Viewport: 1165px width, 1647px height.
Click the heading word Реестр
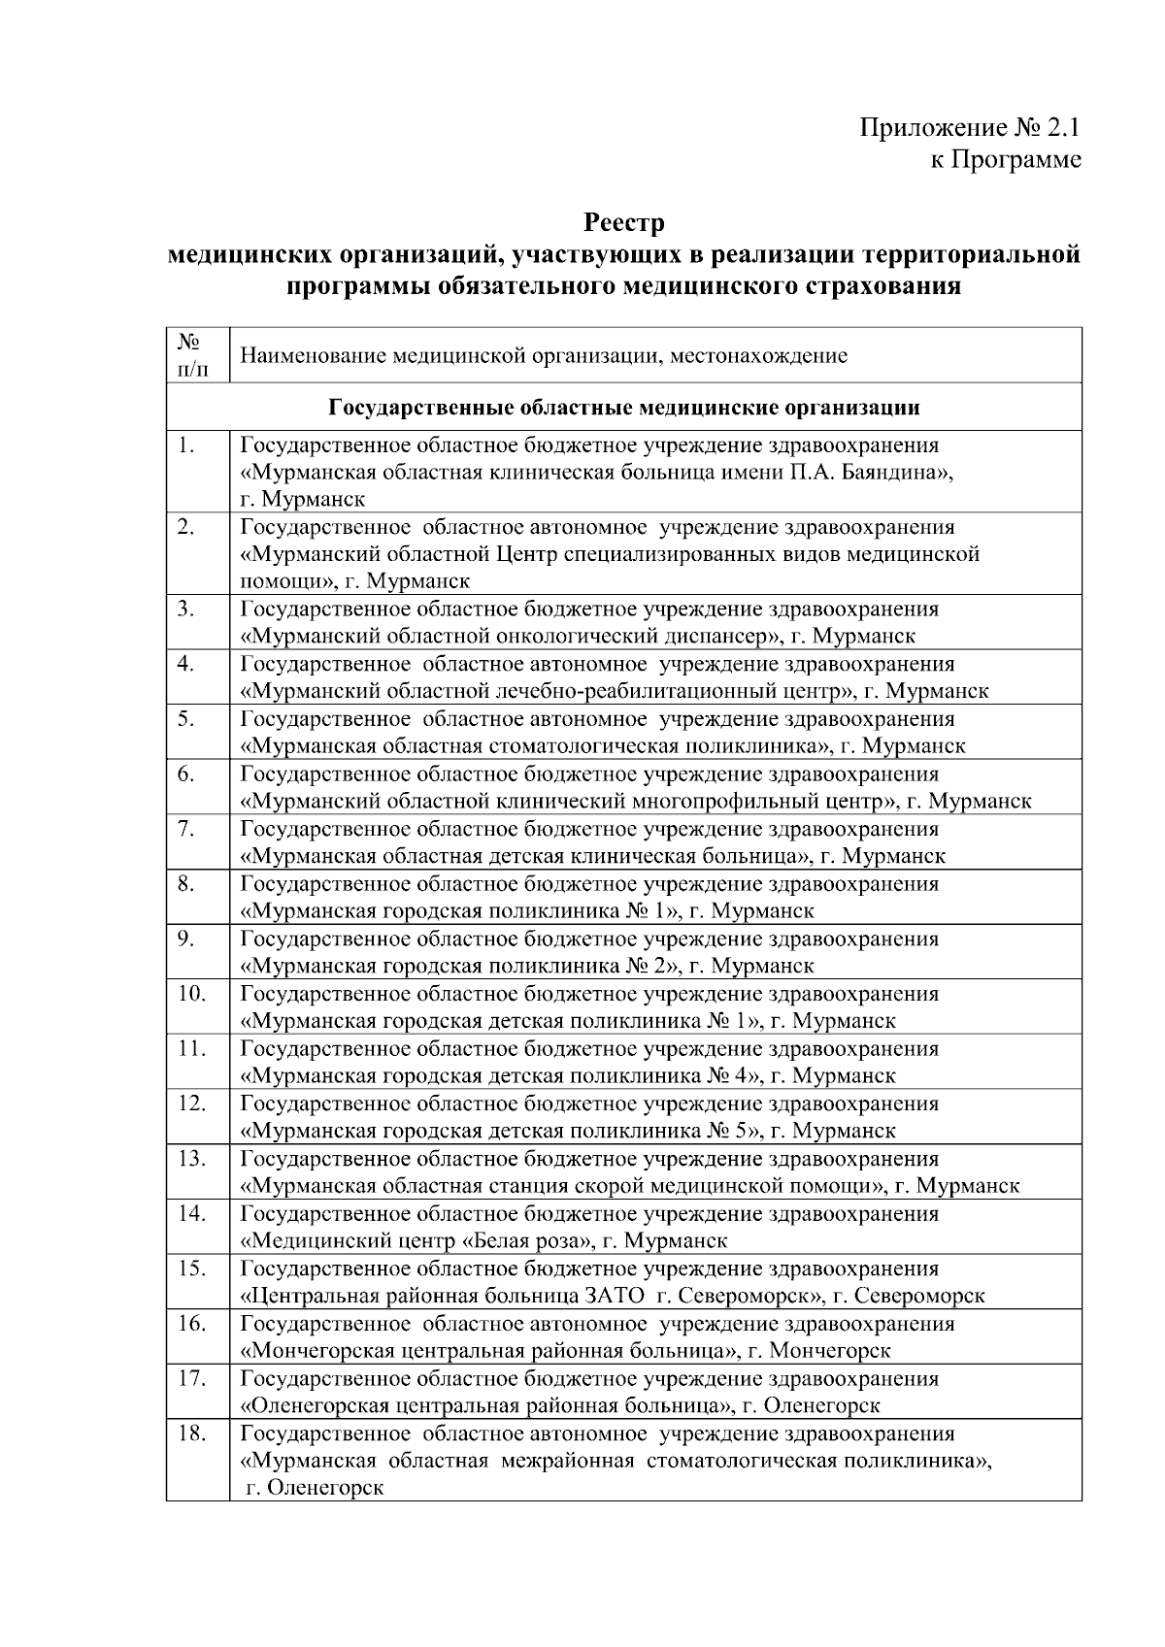[624, 223]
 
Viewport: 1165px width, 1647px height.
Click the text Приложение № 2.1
[970, 128]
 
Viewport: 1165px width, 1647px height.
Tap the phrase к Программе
[1006, 159]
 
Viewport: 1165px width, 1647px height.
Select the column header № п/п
[191, 355]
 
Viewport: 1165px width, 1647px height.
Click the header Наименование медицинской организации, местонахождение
[544, 355]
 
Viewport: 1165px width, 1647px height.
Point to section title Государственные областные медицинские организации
[624, 407]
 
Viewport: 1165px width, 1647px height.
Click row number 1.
[186, 445]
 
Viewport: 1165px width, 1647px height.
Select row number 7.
[186, 829]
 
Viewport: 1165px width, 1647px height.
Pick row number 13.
[191, 1159]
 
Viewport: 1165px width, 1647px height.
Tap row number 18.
[191, 1433]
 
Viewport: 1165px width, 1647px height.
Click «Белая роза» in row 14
[524, 1241]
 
